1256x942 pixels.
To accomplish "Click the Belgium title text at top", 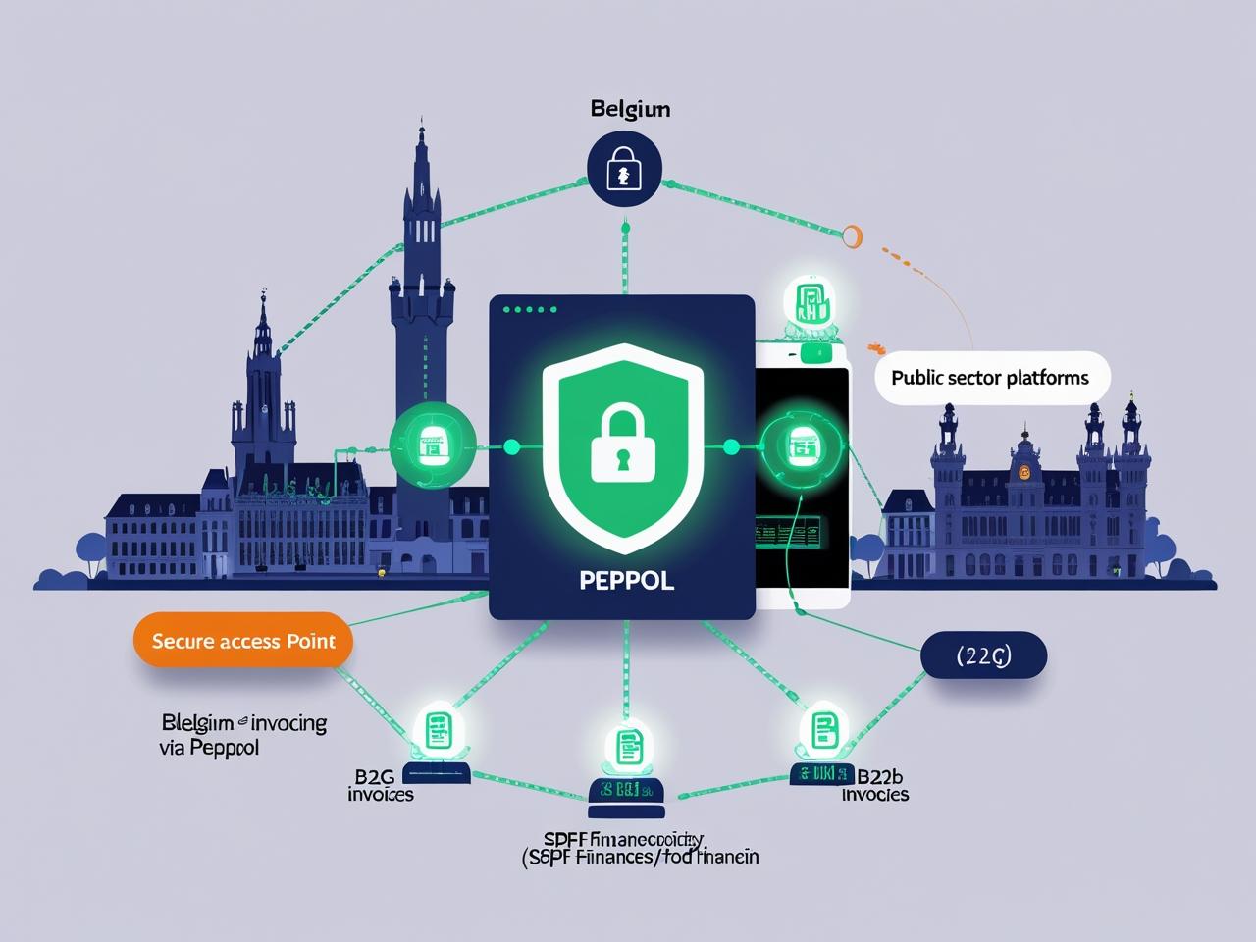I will coord(630,109).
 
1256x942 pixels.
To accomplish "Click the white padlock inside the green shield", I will coord(621,445).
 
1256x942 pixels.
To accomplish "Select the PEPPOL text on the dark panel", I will coord(626,580).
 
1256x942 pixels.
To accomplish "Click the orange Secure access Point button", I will coord(243,641).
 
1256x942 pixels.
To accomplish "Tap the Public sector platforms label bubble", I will coord(990,378).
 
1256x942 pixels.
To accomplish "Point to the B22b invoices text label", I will coord(875,785).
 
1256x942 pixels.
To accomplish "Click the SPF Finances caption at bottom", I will coord(639,848).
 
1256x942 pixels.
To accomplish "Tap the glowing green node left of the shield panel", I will coord(433,446).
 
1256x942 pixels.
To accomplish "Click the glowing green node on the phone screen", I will coord(803,447).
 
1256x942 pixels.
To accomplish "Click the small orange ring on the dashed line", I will coord(851,235).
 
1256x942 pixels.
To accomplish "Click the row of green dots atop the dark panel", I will coord(530,309).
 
